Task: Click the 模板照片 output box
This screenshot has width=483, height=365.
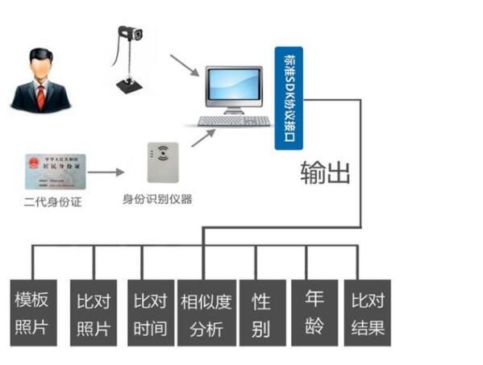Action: [33, 313]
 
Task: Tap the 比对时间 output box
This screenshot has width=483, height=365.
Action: [148, 313]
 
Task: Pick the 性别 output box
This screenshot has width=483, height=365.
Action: [260, 313]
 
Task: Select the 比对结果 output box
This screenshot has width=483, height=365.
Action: [367, 313]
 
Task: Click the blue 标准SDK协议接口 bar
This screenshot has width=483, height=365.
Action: [288, 97]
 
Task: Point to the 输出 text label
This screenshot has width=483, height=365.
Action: [326, 172]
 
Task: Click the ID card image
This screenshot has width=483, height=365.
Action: [56, 171]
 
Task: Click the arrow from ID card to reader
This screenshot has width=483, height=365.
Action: [108, 172]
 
